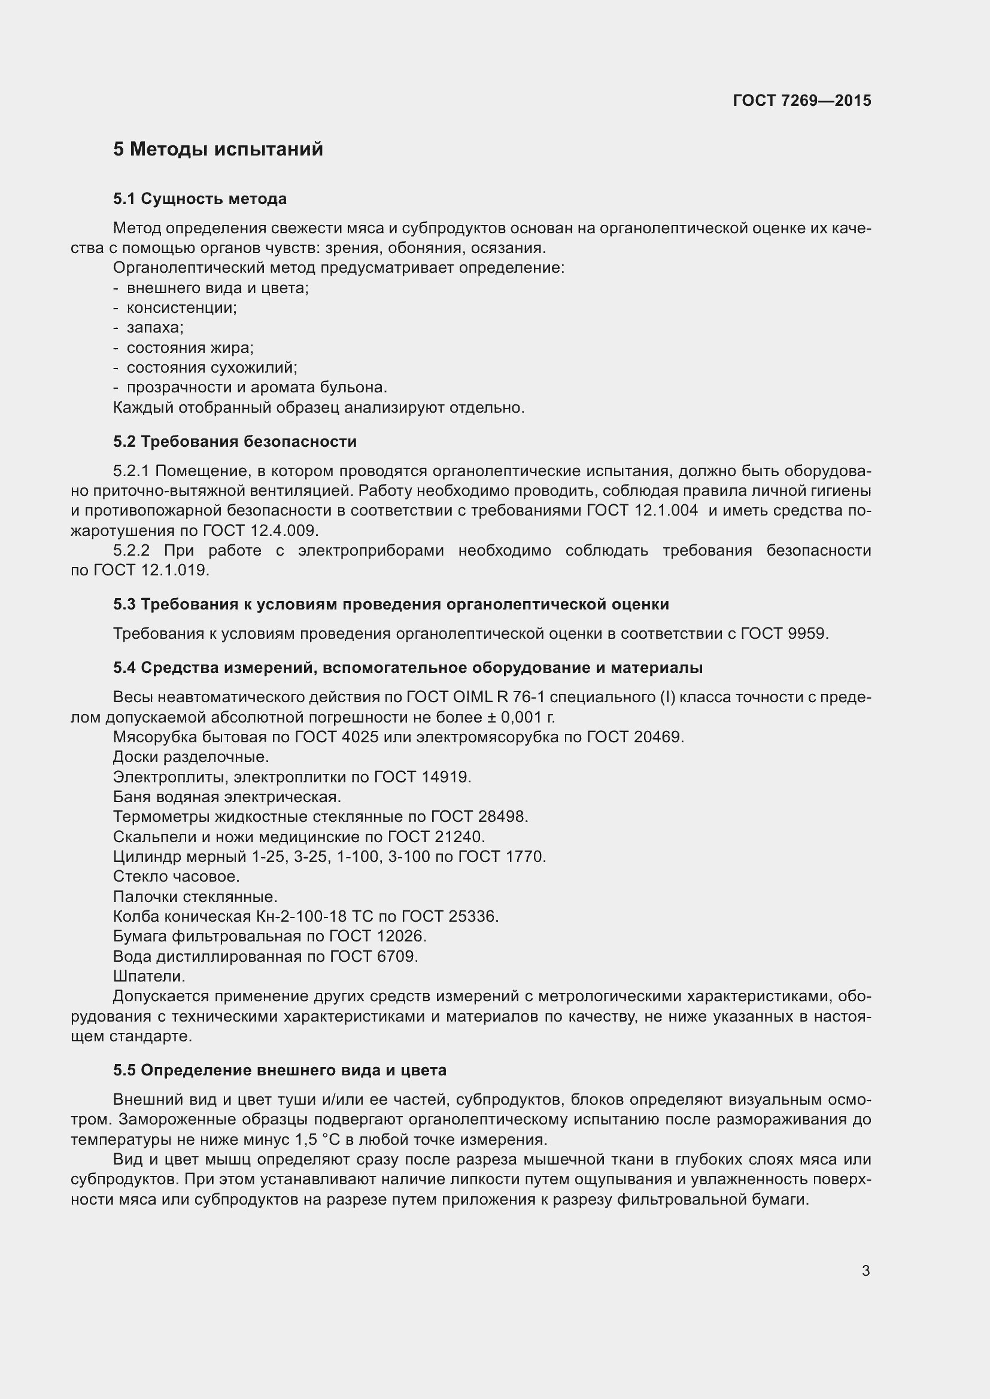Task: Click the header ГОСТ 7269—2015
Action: click(801, 100)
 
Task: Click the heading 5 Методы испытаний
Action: click(218, 150)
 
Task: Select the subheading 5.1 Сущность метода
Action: click(199, 199)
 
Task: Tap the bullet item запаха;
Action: click(155, 327)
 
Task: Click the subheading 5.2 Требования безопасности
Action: click(235, 441)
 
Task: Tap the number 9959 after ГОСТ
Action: click(807, 633)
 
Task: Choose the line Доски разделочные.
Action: click(191, 757)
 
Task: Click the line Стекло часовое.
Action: click(176, 876)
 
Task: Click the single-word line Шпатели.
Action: click(150, 976)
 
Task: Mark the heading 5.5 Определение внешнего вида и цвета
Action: click(280, 1070)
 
